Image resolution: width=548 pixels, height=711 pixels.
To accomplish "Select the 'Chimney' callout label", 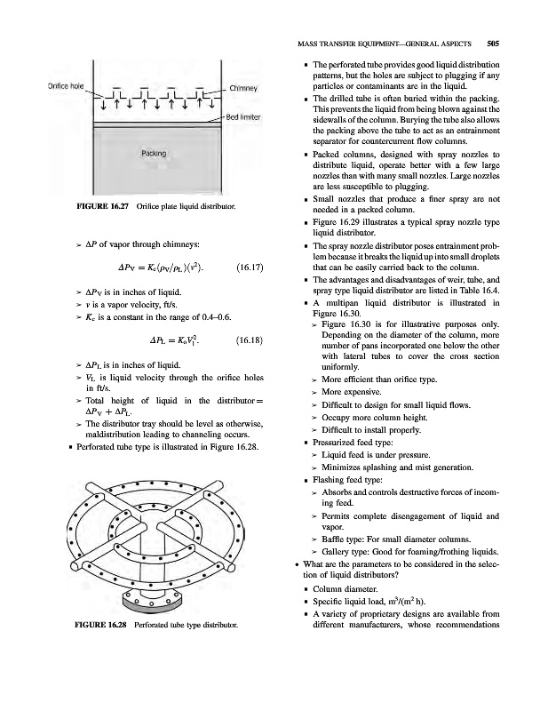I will tap(243, 88).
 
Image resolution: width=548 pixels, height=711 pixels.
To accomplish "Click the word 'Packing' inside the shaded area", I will tap(154, 154).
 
